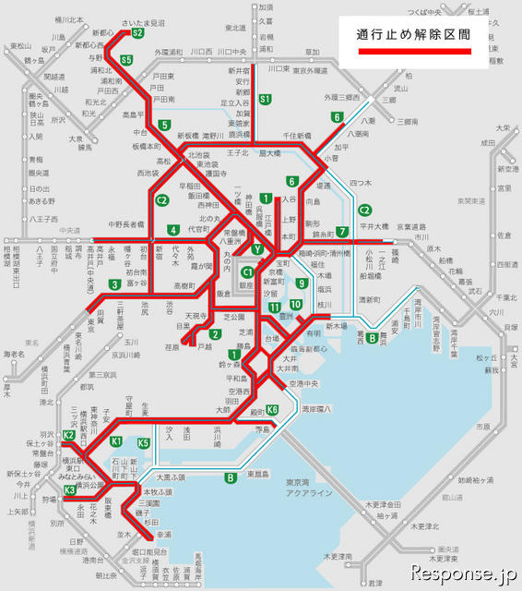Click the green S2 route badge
(137, 33)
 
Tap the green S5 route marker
(125, 61)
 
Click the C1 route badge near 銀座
(247, 272)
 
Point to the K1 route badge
(116, 442)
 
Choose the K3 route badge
(68, 489)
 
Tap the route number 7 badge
(341, 232)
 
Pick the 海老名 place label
(14, 354)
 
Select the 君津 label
(374, 583)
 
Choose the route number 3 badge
(113, 283)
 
